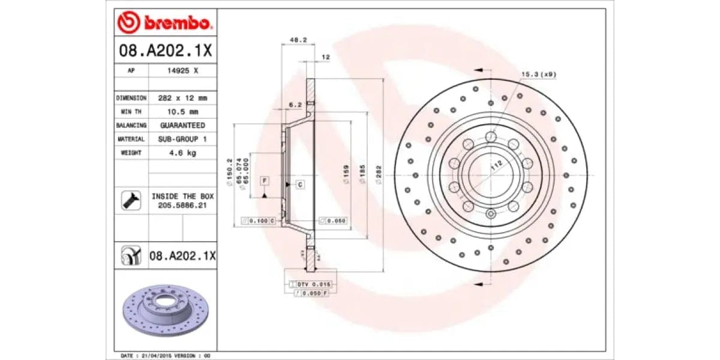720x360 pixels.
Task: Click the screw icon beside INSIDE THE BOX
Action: click(131, 200)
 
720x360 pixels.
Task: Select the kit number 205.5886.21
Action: click(182, 205)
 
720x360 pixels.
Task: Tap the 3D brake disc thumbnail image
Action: click(164, 310)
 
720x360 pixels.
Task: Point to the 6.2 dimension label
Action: click(295, 104)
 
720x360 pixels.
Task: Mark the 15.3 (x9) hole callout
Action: click(538, 74)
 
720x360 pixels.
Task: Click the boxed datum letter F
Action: click(264, 180)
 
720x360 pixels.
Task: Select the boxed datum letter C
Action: click(299, 184)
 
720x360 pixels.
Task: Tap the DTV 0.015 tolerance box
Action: click(314, 283)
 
